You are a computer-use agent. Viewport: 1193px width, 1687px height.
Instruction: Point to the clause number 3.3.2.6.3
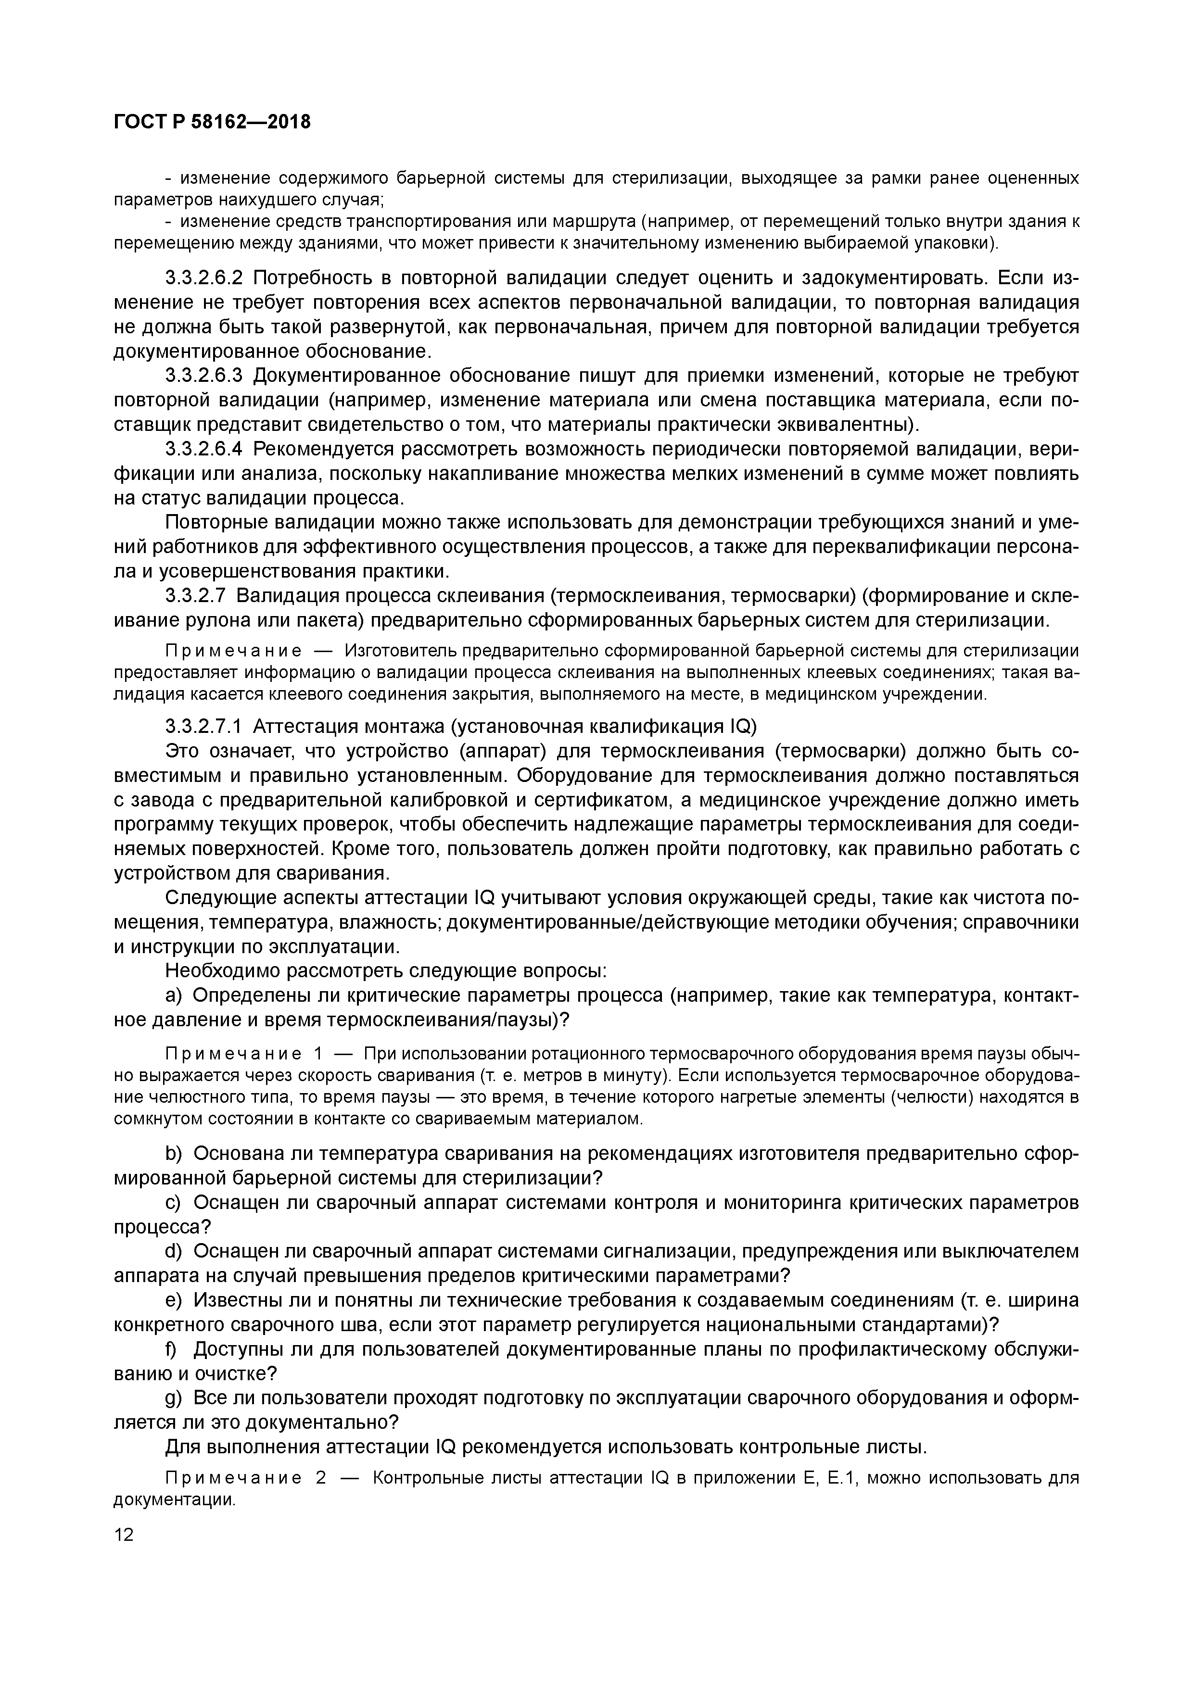pos(203,376)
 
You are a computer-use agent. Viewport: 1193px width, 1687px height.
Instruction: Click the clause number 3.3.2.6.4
pos(203,449)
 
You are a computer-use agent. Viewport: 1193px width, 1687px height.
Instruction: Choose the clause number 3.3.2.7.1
pos(203,727)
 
